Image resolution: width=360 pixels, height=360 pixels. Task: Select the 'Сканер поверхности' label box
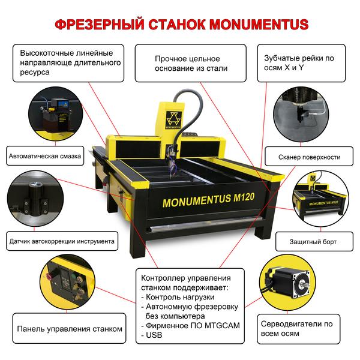pyautogui.click(x=309, y=157)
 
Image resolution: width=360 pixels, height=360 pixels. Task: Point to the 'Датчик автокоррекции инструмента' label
pyautogui.click(x=62, y=242)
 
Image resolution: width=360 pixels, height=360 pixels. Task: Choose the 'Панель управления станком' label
pyautogui.click(x=70, y=329)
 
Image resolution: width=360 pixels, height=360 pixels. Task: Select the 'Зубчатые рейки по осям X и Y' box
pyautogui.click(x=303, y=64)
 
